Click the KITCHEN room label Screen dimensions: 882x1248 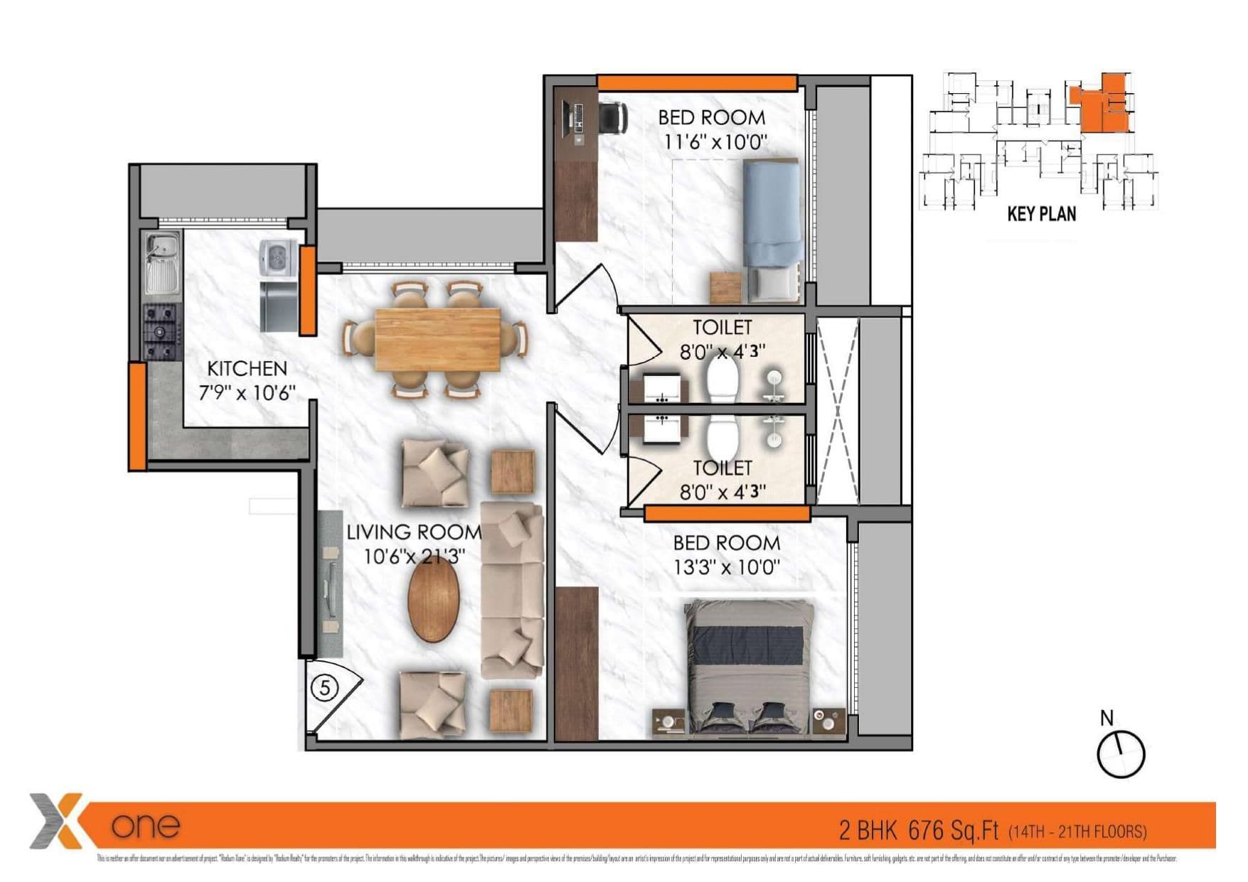coord(247,369)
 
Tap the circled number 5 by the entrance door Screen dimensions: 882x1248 coord(325,688)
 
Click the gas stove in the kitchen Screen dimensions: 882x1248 coord(161,331)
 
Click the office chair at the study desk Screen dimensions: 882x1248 coord(612,117)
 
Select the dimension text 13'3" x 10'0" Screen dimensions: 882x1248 coord(726,568)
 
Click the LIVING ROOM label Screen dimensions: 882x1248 coord(413,532)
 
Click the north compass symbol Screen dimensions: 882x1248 coord(1121,753)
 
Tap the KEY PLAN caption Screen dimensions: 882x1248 coord(1041,214)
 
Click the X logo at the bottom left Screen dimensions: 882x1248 coord(57,821)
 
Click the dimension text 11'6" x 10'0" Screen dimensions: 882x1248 coord(715,141)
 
